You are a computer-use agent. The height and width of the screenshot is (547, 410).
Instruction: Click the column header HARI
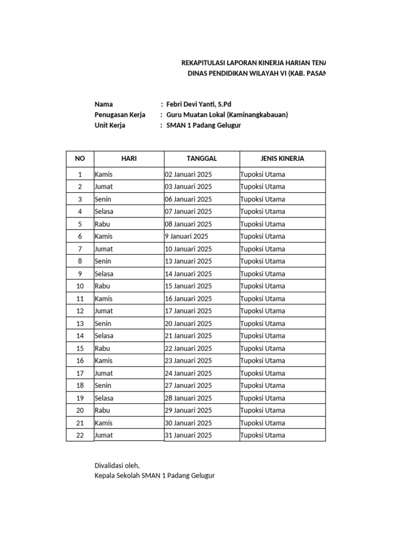coord(129,159)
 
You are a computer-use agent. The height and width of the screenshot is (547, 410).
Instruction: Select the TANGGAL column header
coord(202,159)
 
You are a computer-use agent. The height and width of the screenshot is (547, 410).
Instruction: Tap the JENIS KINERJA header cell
coord(282,159)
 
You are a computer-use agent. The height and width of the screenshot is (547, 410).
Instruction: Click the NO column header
coord(80,159)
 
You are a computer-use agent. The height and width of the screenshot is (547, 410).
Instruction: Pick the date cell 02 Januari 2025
coord(188,174)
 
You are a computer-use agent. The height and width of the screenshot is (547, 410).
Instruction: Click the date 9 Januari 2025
coord(186,236)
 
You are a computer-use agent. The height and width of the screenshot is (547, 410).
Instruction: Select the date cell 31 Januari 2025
coord(188,435)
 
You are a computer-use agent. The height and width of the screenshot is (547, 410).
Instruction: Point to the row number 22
coord(80,435)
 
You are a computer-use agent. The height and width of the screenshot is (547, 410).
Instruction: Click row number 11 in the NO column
coord(80,299)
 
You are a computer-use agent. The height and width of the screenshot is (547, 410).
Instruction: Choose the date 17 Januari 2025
coord(188,311)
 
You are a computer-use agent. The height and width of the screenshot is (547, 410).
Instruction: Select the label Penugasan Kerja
coord(120,115)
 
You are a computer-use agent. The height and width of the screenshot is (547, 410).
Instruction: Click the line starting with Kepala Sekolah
coord(154,475)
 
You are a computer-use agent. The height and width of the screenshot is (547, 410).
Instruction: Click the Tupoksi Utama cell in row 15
coord(263,348)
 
